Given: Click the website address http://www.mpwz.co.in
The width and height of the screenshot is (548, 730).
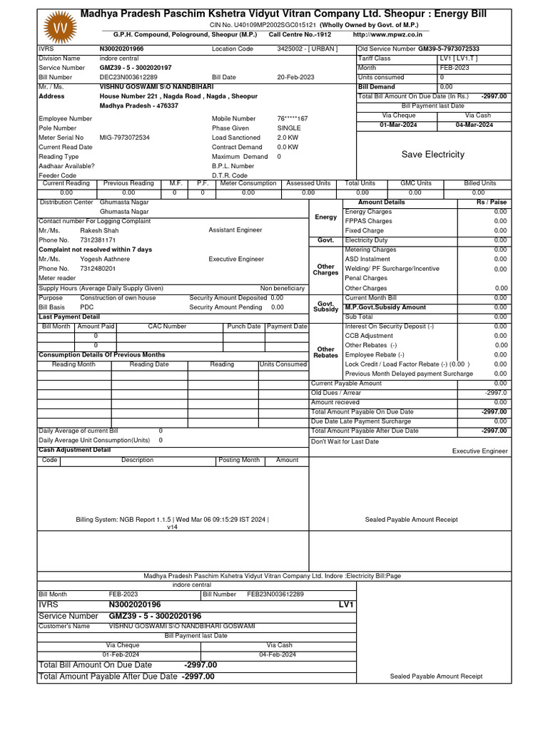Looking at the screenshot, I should point(387,34).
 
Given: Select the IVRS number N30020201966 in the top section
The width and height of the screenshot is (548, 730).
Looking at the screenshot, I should point(121,49).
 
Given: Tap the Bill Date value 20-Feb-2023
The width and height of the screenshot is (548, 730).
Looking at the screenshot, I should point(296,77).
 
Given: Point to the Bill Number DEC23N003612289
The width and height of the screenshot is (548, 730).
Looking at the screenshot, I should point(128,77).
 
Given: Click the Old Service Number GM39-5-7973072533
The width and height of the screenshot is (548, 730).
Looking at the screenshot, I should point(448,49).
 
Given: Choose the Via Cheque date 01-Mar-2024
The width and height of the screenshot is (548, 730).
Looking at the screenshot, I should point(399,125).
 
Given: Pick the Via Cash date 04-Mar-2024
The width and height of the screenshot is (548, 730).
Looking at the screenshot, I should point(475,125).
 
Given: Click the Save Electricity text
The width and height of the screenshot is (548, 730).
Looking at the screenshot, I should point(432,155).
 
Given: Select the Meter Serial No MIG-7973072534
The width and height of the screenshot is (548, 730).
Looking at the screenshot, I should point(125,138).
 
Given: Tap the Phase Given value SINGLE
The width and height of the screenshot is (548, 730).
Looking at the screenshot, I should point(289,128).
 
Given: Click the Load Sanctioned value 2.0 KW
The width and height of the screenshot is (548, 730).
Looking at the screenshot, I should point(288,138).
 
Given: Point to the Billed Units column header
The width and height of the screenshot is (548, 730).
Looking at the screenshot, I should point(479,183).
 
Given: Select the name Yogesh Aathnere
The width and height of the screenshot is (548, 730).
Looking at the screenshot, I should point(105,259).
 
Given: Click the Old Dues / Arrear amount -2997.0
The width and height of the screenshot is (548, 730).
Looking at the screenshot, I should point(495,393).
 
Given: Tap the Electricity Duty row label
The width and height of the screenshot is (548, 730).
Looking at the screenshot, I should point(366,240).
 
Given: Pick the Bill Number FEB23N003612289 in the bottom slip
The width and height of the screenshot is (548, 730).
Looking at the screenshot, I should point(275,594).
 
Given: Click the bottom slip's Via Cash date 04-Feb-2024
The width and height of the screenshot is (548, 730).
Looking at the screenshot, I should point(279,654).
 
